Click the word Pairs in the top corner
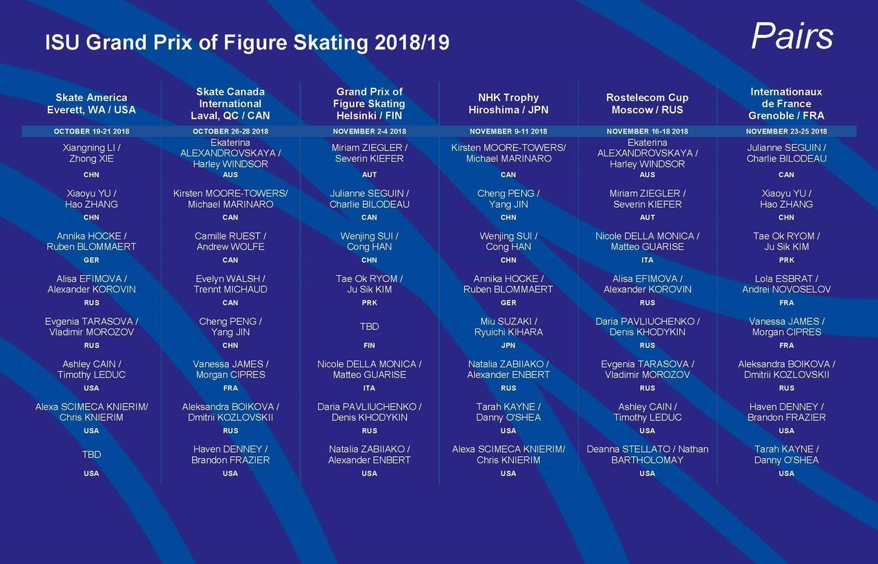pyautogui.click(x=792, y=36)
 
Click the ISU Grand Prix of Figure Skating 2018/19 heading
pyautogui.click(x=247, y=43)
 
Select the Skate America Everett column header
pyautogui.click(x=91, y=104)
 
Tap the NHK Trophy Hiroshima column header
pyautogui.click(x=508, y=104)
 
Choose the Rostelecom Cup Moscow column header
pyautogui.click(x=647, y=104)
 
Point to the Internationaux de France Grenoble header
pyautogui.click(x=786, y=104)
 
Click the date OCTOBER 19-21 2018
pyautogui.click(x=91, y=131)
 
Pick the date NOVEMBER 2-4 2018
pyautogui.click(x=369, y=131)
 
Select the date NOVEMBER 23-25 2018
pyautogui.click(x=786, y=131)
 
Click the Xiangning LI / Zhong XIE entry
pyautogui.click(x=91, y=153)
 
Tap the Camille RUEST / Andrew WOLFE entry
pyautogui.click(x=230, y=242)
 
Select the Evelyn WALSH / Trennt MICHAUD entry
pyautogui.click(x=230, y=284)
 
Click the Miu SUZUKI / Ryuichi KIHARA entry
pyautogui.click(x=508, y=327)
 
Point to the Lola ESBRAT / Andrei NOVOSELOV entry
pyautogui.click(x=786, y=284)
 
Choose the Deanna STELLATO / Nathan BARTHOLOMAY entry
pyautogui.click(x=647, y=454)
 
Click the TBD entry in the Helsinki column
pyautogui.click(x=369, y=327)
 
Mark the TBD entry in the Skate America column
pyautogui.click(x=91, y=454)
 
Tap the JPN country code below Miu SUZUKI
pyautogui.click(x=508, y=346)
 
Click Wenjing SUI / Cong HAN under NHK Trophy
pyautogui.click(x=508, y=242)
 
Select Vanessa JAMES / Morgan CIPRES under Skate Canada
pyautogui.click(x=230, y=369)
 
